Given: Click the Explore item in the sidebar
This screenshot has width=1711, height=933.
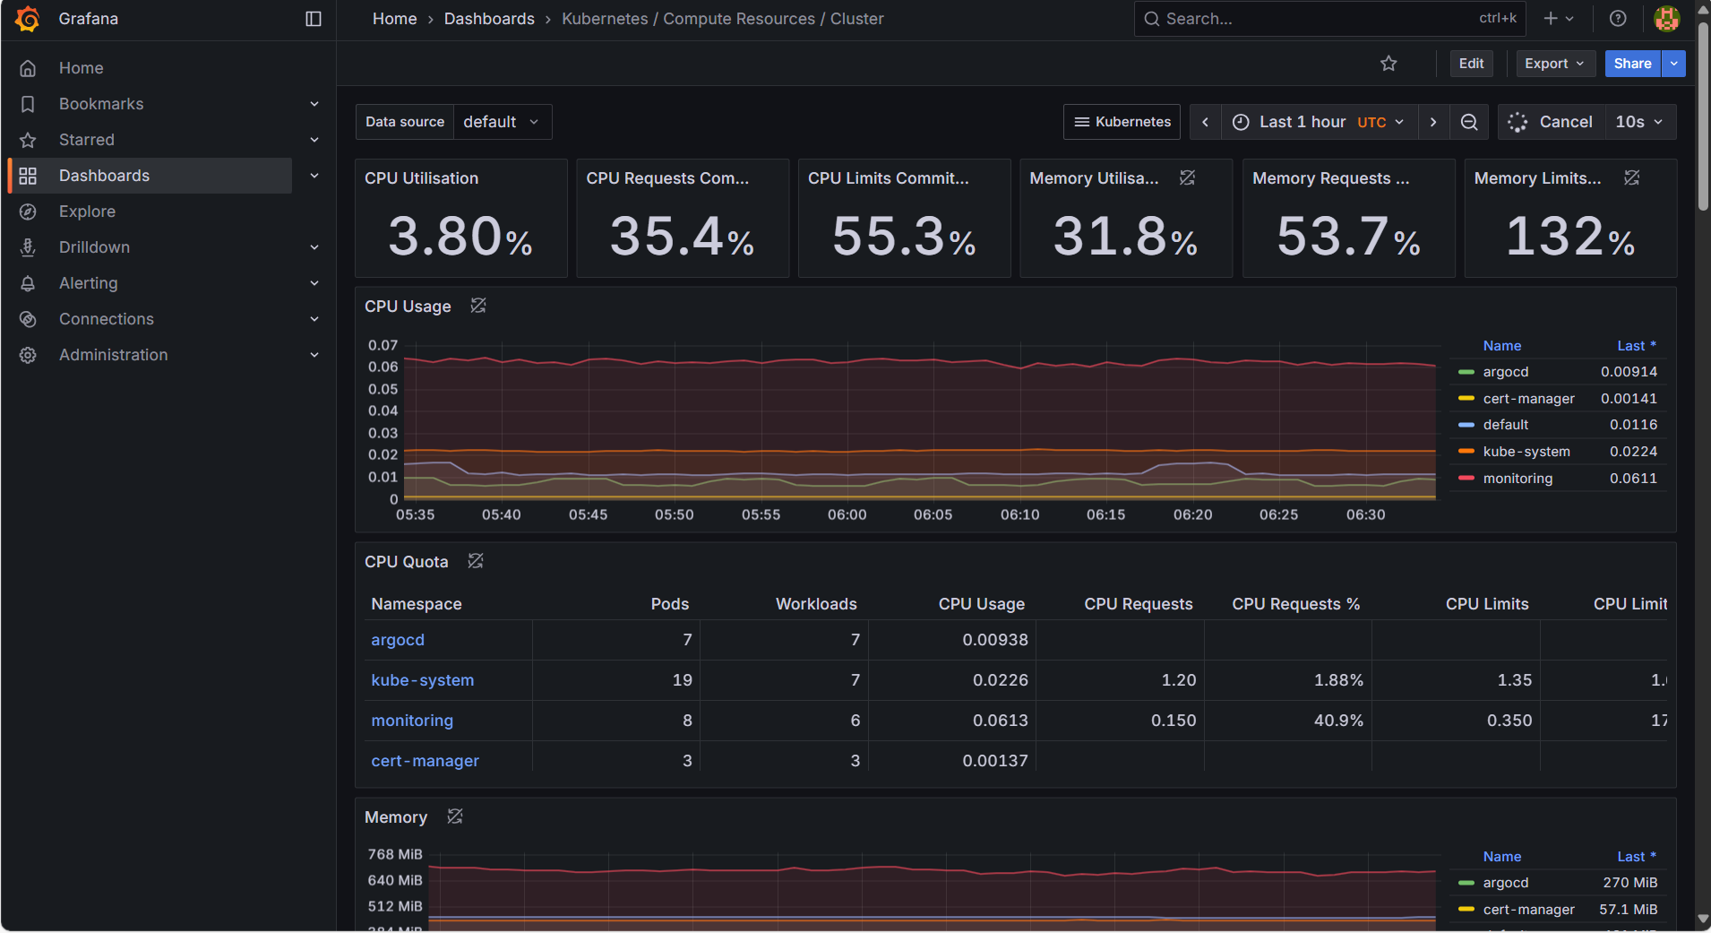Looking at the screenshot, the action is (x=87, y=212).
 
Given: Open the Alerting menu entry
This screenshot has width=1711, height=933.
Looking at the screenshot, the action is (x=88, y=283).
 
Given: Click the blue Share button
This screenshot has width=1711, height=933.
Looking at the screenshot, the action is (x=1632, y=64).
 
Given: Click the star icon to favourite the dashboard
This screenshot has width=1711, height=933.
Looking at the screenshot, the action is (x=1389, y=64).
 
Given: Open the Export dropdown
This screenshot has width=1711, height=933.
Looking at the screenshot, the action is (x=1554, y=64).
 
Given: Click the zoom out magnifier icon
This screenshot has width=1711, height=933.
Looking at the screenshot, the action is (x=1469, y=122).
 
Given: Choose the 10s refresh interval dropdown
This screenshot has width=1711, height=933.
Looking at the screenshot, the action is (x=1638, y=122).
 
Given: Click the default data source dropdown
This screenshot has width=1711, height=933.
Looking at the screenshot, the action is (x=501, y=122).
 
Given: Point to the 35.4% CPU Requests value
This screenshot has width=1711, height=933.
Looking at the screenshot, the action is (x=682, y=237).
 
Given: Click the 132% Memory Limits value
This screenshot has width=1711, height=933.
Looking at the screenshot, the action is (x=1569, y=237).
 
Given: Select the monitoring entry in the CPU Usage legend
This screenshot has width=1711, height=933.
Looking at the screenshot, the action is (x=1517, y=479).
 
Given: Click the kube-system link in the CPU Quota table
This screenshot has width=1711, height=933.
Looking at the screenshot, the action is (x=422, y=680).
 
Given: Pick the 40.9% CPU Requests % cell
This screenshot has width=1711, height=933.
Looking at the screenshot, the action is (x=1337, y=721).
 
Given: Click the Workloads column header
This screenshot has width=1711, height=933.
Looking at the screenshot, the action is (x=815, y=604).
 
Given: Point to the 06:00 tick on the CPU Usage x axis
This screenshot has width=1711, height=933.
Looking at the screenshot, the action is (x=847, y=515).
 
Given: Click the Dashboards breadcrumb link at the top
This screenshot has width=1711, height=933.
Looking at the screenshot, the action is (x=489, y=19).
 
